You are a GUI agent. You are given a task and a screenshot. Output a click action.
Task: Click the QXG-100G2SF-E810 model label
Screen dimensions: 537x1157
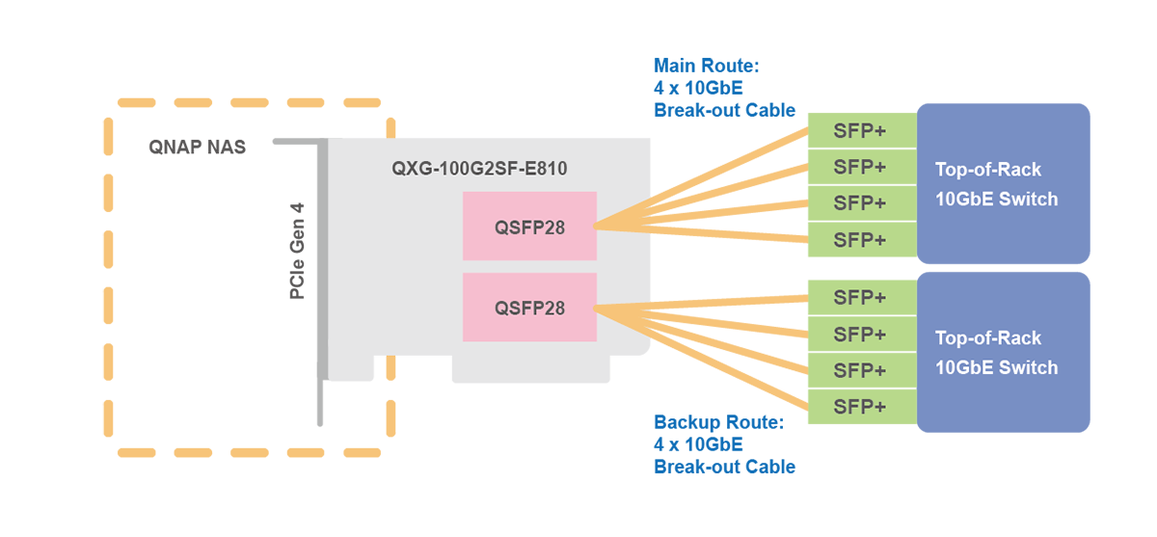[x=478, y=169]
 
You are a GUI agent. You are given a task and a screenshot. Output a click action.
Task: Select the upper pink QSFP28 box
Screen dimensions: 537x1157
[x=529, y=226]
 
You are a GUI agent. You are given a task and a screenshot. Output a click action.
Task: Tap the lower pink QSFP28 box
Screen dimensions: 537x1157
[x=529, y=308]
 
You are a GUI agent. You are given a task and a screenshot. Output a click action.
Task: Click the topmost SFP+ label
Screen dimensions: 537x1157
[x=859, y=131]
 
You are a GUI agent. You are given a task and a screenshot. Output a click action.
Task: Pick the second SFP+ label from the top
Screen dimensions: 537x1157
[x=859, y=167]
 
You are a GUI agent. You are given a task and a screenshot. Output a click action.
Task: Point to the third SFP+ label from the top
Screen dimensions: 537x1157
[x=859, y=202]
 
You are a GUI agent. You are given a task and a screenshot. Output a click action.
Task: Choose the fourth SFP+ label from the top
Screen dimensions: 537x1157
[x=859, y=239]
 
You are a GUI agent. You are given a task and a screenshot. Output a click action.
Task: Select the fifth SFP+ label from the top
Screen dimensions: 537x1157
[x=859, y=297]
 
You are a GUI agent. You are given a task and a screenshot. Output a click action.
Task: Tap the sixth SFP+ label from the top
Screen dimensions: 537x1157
[x=859, y=334]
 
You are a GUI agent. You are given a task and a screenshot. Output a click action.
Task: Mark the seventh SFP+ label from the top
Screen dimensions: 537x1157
[x=859, y=369]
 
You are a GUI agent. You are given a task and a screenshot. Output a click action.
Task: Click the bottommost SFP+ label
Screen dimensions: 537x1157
[x=859, y=406]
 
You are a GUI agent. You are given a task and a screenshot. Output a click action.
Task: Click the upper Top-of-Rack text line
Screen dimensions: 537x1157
[x=988, y=170]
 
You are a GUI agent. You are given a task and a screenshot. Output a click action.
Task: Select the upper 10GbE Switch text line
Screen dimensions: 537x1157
[x=996, y=200]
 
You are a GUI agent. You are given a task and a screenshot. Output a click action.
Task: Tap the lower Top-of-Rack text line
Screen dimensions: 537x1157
[x=988, y=338]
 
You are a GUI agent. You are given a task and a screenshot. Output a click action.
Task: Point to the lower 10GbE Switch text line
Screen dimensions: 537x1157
[x=996, y=367]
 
